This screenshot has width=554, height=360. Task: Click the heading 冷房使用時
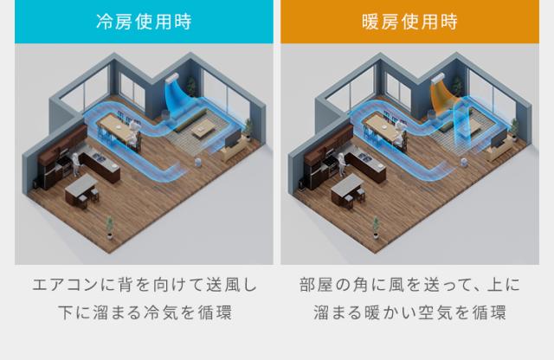(144, 22)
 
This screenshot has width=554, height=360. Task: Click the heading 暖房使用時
(409, 22)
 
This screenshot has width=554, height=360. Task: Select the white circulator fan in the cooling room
(198, 163)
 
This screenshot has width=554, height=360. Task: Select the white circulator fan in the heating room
(464, 163)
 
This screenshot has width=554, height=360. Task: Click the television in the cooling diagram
(233, 138)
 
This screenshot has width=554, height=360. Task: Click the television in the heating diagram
(499, 138)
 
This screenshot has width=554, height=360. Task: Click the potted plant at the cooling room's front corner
(110, 228)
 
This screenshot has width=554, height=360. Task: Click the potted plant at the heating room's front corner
(376, 228)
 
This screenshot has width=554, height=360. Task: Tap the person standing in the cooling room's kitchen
(75, 164)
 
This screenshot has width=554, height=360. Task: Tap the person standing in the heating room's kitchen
(341, 164)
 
